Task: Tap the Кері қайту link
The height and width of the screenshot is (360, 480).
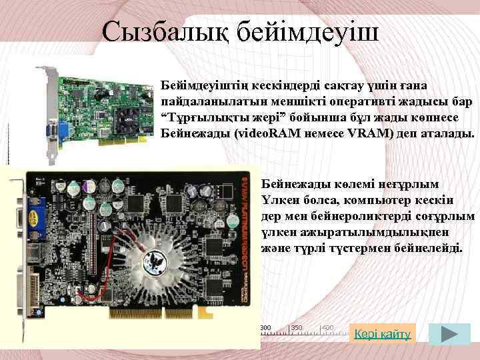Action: (x=382, y=333)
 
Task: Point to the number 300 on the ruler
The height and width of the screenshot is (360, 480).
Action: (x=265, y=327)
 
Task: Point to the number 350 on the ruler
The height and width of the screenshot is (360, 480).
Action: (x=297, y=327)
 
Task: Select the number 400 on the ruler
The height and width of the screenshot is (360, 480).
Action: (x=327, y=327)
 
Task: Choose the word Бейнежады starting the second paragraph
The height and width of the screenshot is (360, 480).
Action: (x=295, y=183)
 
